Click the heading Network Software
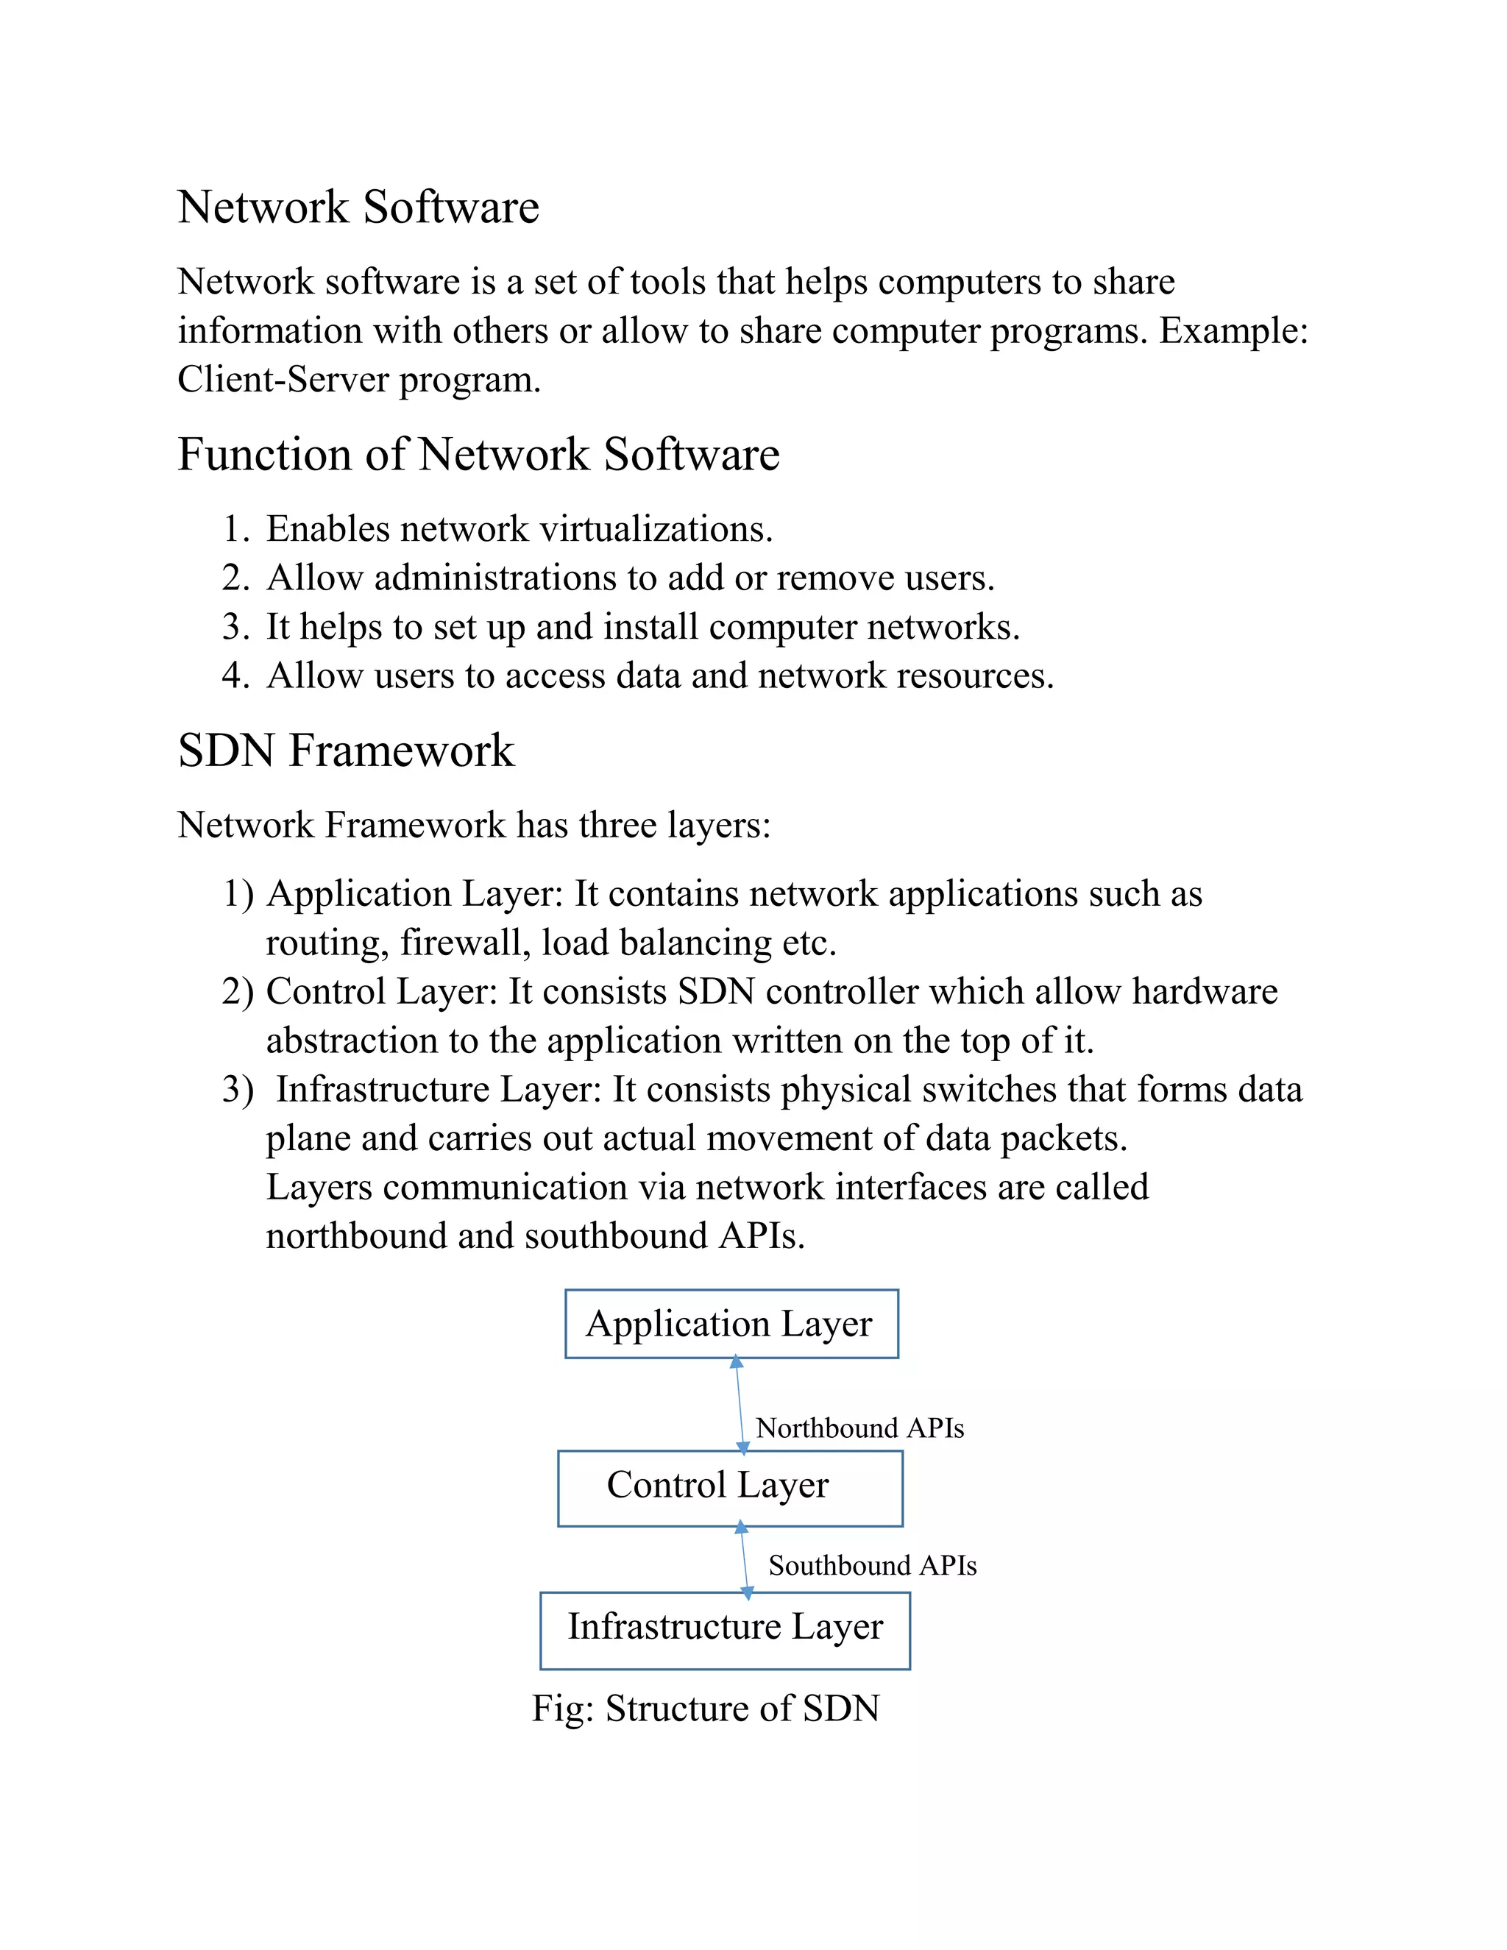click(x=358, y=208)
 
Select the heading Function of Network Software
click(x=478, y=455)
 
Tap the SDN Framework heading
click(x=346, y=750)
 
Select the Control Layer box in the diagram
click(x=729, y=1486)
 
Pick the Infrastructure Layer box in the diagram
click(x=724, y=1627)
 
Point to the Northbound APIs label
click(x=859, y=1428)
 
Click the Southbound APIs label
click(x=871, y=1566)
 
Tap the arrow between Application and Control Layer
click(x=740, y=1405)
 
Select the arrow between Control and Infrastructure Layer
click(x=745, y=1561)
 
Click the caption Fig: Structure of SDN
click(x=705, y=1709)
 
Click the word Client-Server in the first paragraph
click(x=283, y=380)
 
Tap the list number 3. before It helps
click(x=235, y=627)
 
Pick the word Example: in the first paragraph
click(x=1233, y=331)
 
